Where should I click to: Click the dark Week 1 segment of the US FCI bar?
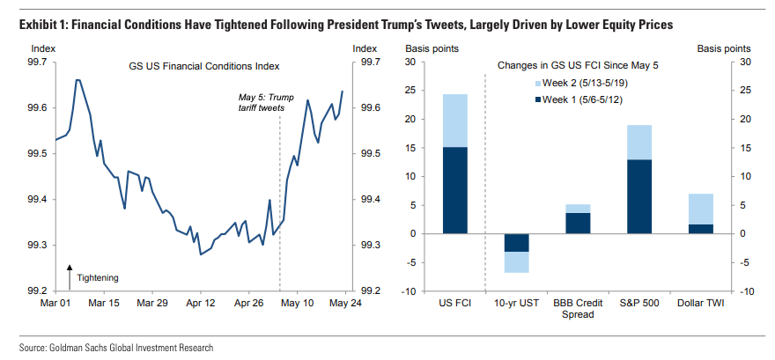coord(454,190)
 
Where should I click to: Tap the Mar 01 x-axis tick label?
coord(55,303)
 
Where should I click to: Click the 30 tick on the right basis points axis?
coord(745,62)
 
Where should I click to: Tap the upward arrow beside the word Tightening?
coord(70,276)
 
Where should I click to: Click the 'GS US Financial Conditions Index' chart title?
coord(203,66)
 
